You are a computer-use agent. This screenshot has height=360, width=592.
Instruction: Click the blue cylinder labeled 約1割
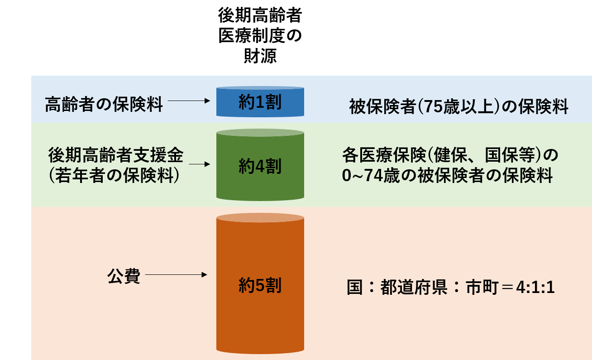coord(260,101)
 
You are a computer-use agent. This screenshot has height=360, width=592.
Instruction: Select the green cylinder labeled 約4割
coord(260,165)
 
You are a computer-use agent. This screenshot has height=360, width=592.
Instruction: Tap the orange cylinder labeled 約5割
coord(260,283)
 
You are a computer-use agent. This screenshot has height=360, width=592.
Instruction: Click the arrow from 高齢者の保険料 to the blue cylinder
coord(189,101)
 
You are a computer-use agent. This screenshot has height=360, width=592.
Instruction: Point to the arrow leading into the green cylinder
coord(199,164)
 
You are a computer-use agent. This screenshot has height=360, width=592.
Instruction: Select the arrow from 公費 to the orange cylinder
coord(176,274)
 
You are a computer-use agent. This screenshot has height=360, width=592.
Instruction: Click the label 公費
coord(124,276)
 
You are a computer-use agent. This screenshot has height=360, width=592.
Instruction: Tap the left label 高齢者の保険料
coord(104,104)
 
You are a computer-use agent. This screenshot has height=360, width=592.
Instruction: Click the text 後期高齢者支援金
coord(116,155)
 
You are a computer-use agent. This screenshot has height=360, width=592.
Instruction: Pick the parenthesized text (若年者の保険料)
coord(114,175)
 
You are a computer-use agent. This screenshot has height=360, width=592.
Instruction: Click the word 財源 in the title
coord(260,56)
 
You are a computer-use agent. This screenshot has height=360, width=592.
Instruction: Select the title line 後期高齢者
coord(260,15)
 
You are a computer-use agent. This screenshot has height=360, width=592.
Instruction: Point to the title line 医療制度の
coord(260,36)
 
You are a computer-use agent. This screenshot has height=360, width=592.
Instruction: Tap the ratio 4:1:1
coord(535,288)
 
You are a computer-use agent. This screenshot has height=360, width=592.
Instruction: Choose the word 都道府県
coord(414,287)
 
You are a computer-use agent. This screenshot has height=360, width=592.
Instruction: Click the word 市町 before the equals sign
coord(482,287)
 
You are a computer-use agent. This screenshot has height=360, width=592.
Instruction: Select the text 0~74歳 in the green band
coord(371,175)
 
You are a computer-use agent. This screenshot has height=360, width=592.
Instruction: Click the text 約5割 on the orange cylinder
coord(260,285)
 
